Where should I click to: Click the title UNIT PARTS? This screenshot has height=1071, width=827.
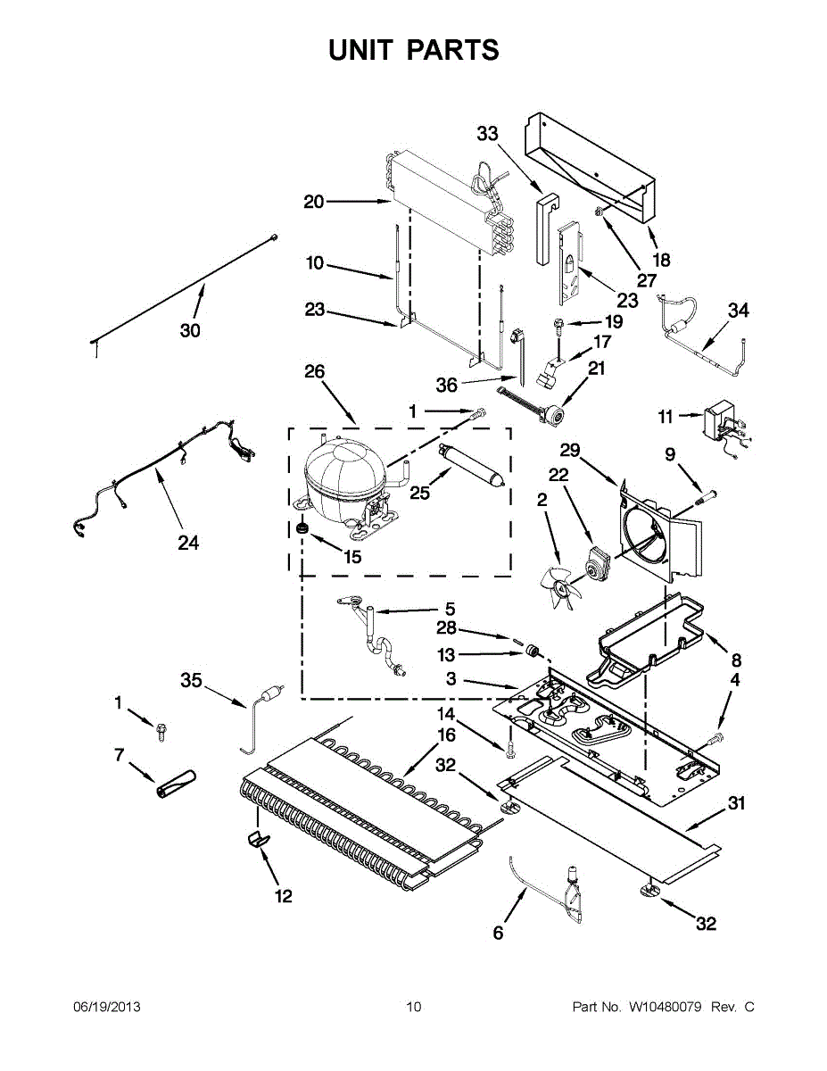pyautogui.click(x=413, y=50)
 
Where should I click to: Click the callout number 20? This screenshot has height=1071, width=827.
pyautogui.click(x=314, y=203)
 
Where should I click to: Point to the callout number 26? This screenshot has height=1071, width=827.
pyautogui.click(x=315, y=372)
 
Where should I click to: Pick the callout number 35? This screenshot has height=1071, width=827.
pyautogui.click(x=192, y=681)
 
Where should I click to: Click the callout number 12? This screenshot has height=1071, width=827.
pyautogui.click(x=283, y=896)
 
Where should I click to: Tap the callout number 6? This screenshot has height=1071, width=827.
pyautogui.click(x=498, y=934)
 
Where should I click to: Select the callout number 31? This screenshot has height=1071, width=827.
pyautogui.click(x=735, y=804)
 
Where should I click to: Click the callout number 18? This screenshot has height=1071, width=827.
pyautogui.click(x=660, y=261)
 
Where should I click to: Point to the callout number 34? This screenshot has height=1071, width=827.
pyautogui.click(x=738, y=311)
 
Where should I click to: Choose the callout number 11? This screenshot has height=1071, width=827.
pyautogui.click(x=666, y=416)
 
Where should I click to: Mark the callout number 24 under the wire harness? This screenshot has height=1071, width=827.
pyautogui.click(x=188, y=542)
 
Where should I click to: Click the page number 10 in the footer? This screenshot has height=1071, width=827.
pyautogui.click(x=413, y=1008)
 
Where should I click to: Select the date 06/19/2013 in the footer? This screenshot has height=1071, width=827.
pyautogui.click(x=106, y=1008)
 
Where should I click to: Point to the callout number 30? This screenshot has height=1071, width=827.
pyautogui.click(x=190, y=330)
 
